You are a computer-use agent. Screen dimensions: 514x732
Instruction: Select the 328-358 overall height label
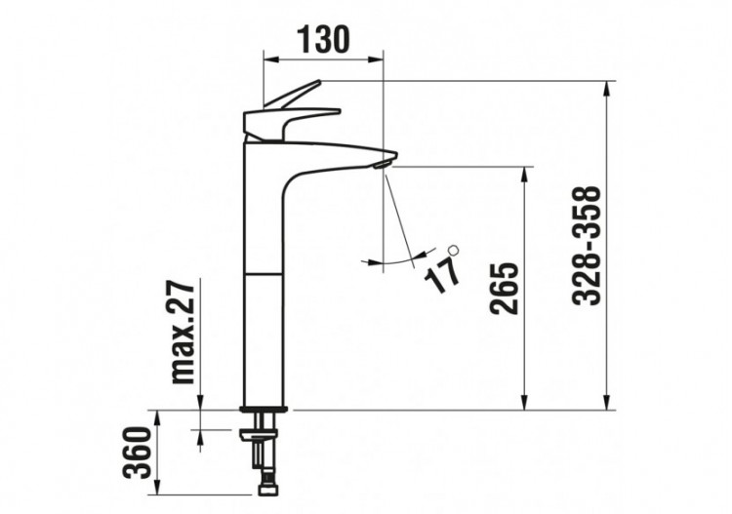(588, 246)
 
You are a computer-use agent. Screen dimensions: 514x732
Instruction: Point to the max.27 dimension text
(184, 332)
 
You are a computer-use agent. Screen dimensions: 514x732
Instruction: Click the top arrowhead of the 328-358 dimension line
(608, 89)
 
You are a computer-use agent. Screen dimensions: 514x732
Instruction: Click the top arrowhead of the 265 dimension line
(526, 175)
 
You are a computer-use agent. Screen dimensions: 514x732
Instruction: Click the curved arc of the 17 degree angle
(390, 262)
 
